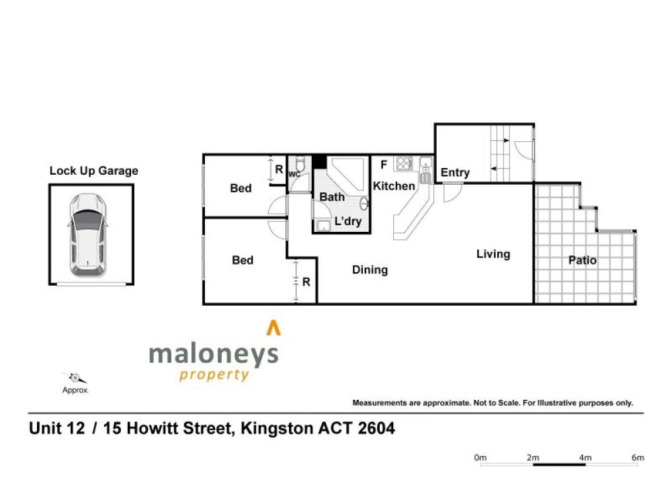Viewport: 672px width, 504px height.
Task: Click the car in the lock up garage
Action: [87, 235]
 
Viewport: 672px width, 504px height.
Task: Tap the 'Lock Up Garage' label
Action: [94, 171]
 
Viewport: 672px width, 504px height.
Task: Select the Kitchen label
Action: [394, 186]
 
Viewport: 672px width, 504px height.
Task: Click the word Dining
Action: [370, 270]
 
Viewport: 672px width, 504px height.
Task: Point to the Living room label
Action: [493, 254]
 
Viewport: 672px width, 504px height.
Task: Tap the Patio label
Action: [583, 260]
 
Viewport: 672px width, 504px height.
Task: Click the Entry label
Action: [455, 173]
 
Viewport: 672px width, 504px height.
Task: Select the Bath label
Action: [332, 197]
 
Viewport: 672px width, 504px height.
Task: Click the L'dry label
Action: [348, 221]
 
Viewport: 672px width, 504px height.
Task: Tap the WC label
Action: [294, 175]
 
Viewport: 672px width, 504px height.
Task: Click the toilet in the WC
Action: [300, 163]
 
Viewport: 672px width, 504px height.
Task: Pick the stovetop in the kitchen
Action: [404, 164]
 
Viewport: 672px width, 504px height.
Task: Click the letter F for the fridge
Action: [384, 165]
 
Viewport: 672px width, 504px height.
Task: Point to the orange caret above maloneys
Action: [274, 328]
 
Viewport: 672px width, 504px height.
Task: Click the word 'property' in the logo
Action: [214, 375]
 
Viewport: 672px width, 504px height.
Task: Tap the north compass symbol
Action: [75, 378]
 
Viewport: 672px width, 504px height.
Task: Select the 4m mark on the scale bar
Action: [585, 458]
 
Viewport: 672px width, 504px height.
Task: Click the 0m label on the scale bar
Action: [480, 458]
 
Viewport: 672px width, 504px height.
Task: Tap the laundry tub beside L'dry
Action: [323, 225]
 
